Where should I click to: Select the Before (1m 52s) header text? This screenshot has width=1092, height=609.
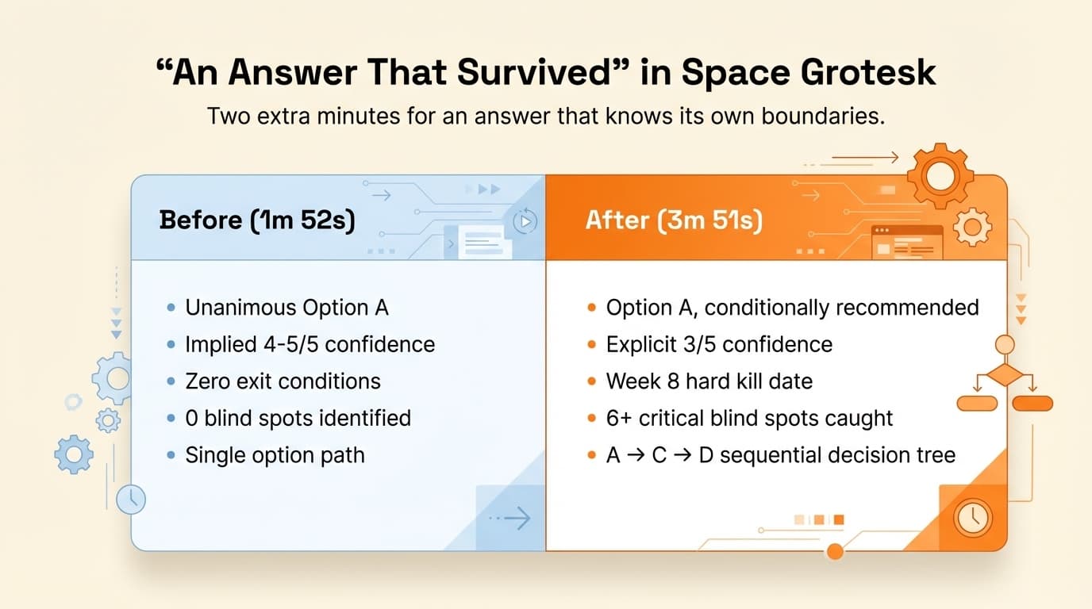click(x=257, y=220)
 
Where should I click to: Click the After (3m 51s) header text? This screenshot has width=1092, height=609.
click(x=674, y=220)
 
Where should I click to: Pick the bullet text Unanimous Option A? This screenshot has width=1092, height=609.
click(x=286, y=308)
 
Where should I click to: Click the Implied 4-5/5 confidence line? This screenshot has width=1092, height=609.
click(x=310, y=344)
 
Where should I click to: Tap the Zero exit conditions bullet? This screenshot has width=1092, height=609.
click(x=283, y=381)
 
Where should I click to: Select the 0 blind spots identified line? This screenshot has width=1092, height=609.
click(x=298, y=418)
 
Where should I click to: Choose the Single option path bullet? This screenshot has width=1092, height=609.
click(x=275, y=455)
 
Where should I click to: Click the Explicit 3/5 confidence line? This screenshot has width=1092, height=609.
click(x=719, y=344)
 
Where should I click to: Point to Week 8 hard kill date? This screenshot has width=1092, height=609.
click(x=709, y=381)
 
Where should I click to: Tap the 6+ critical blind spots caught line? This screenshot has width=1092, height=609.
click(x=749, y=418)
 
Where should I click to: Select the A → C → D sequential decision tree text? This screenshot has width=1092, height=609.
click(x=780, y=455)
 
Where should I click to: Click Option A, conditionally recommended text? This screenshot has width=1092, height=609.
click(x=792, y=308)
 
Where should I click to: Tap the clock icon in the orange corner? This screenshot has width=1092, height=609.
click(x=970, y=518)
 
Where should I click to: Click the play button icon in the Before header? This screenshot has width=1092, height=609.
click(x=525, y=221)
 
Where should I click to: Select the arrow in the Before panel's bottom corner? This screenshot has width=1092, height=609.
click(x=513, y=519)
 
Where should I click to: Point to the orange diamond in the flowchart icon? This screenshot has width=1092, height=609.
click(x=1005, y=375)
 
